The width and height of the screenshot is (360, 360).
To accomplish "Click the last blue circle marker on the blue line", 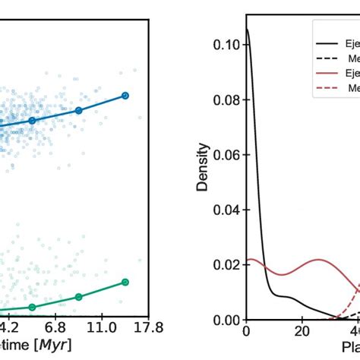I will click(x=125, y=96).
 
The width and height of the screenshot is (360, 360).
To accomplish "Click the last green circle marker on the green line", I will click(x=125, y=283).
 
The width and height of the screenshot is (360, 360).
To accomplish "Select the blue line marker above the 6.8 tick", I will click(x=78, y=110).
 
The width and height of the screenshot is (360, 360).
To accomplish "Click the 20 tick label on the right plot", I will click(x=302, y=333).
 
